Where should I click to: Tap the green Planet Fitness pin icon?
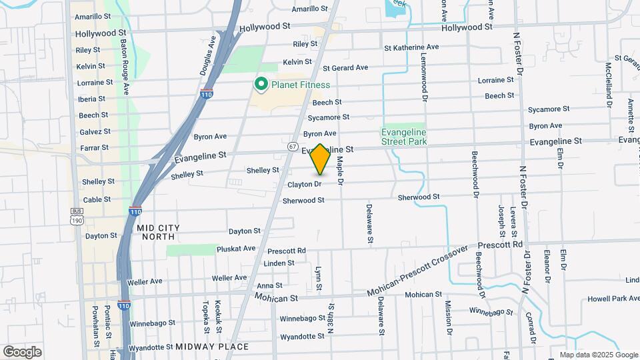point(261,84)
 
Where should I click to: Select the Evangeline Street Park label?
point(404,136)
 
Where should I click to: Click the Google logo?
point(22,351)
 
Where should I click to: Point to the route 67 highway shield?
point(293,146)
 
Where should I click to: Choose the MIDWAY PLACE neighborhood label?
point(211,347)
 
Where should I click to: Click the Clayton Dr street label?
point(305,184)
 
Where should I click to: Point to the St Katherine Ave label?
point(411,47)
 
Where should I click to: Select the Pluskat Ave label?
point(236,249)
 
